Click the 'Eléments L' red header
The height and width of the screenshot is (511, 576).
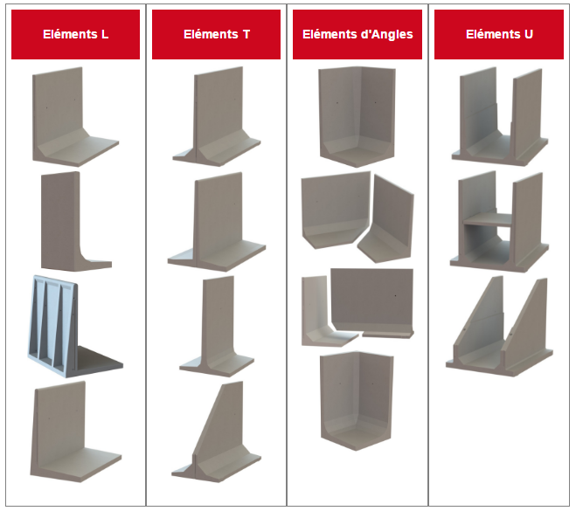click(76, 35)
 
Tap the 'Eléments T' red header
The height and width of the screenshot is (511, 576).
click(217, 35)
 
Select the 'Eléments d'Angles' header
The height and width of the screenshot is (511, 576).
click(357, 35)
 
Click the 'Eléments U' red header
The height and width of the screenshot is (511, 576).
click(499, 35)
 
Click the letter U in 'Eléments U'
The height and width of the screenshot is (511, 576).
click(529, 35)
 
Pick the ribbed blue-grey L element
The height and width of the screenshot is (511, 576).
click(75, 327)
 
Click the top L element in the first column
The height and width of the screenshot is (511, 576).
click(75, 116)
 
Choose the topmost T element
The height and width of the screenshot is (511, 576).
click(218, 116)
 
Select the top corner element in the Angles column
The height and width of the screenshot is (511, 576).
click(357, 116)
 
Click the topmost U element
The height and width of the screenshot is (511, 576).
click(500, 116)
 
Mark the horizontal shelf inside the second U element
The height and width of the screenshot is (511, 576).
click(488, 220)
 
